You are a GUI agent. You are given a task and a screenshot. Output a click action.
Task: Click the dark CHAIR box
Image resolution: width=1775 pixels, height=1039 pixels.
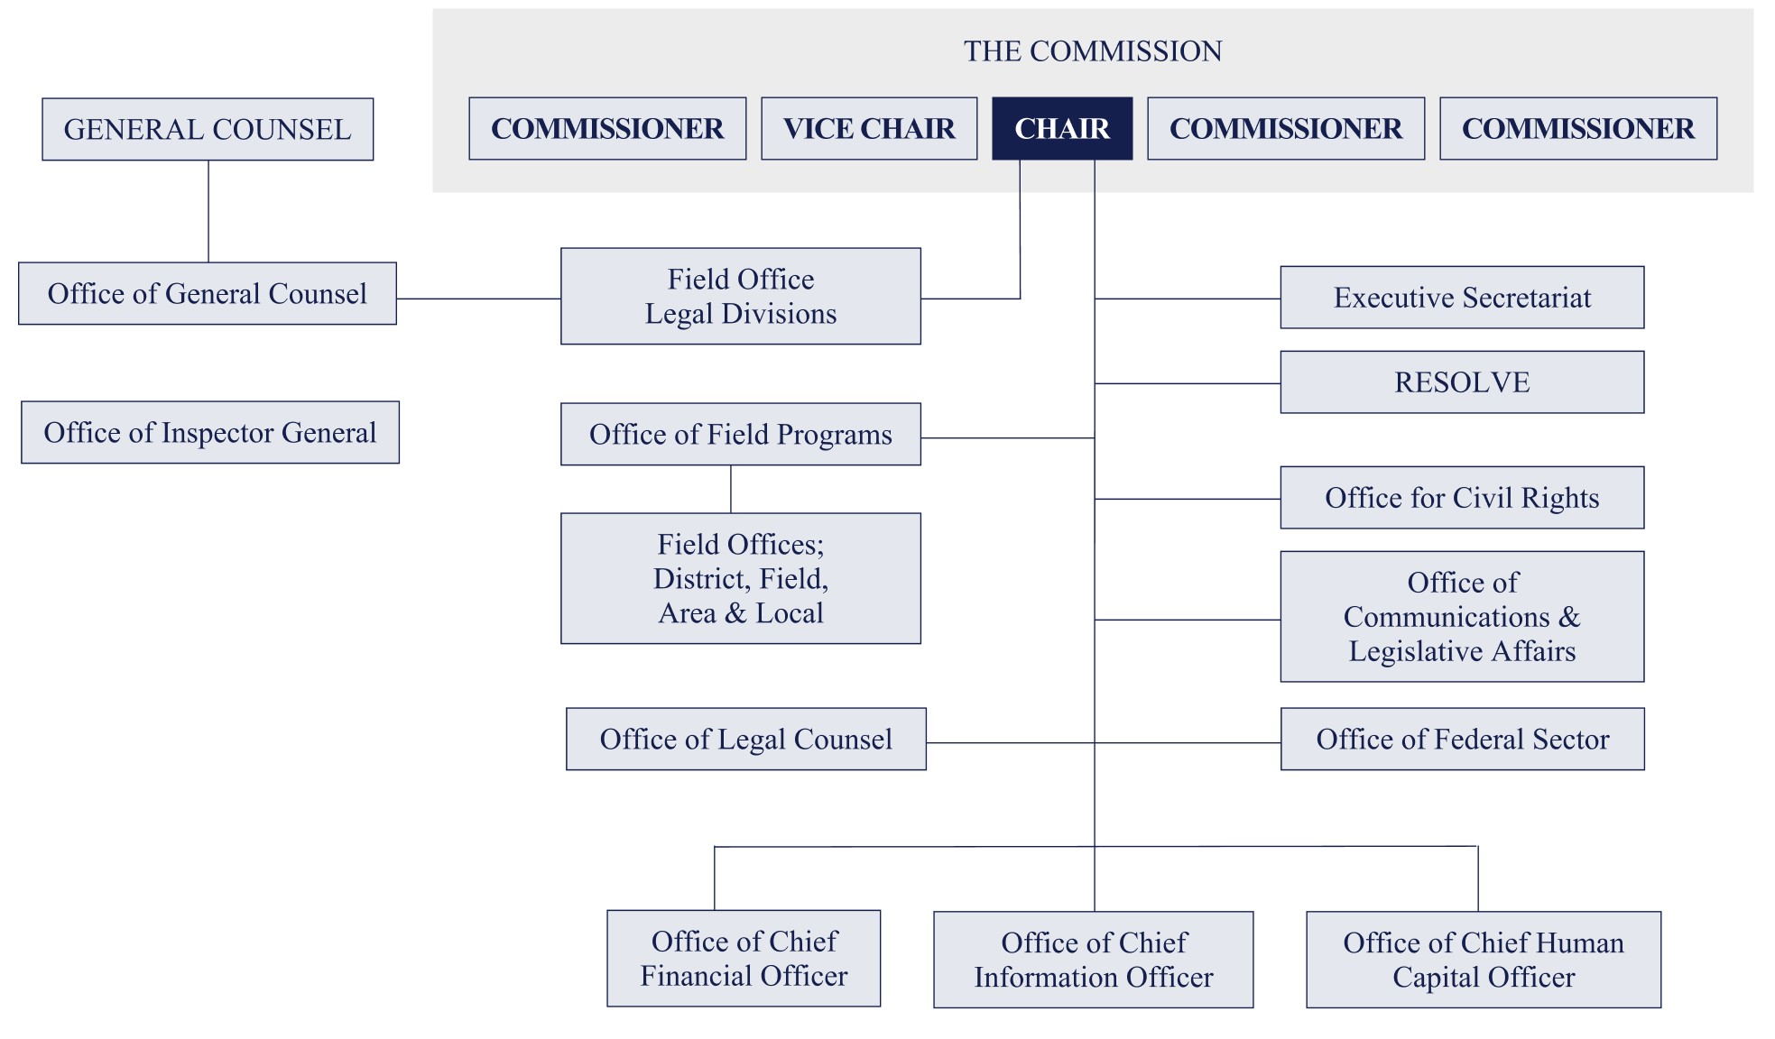(x=1061, y=129)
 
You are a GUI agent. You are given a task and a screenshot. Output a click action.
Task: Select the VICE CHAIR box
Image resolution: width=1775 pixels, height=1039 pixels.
(x=868, y=129)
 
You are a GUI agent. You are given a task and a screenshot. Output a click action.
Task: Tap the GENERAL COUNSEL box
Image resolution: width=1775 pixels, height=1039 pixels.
(x=208, y=130)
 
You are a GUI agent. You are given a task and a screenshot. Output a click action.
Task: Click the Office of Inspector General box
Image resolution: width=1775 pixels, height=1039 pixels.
(x=209, y=433)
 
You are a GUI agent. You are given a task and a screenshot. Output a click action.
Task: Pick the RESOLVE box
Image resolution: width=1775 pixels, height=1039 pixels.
(x=1461, y=382)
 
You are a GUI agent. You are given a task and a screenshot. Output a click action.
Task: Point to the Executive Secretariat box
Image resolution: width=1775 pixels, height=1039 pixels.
(x=1461, y=298)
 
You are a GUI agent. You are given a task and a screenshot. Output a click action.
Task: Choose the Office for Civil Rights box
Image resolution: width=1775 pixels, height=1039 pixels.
(x=1461, y=498)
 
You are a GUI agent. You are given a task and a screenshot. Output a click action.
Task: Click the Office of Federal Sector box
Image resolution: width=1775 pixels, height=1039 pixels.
(x=1462, y=740)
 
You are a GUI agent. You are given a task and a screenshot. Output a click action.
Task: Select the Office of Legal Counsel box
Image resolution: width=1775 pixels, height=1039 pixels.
(x=745, y=740)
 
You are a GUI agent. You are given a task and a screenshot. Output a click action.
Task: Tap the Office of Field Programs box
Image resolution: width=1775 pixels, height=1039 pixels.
(x=740, y=435)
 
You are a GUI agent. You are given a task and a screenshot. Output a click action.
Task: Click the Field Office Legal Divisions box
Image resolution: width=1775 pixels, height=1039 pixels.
(x=740, y=297)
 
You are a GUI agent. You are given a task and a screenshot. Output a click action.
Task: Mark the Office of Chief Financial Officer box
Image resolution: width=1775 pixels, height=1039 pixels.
(x=743, y=959)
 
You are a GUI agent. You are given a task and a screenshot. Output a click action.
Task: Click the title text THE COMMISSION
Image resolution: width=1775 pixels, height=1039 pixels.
(x=1092, y=51)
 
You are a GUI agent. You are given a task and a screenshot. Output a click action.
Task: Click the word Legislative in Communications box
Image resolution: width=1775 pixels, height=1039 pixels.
(x=1415, y=652)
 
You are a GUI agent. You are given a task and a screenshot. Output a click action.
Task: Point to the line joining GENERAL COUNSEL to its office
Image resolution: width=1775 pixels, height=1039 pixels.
(x=208, y=212)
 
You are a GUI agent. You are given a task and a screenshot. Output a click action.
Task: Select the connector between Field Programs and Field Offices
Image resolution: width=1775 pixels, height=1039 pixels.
(x=731, y=490)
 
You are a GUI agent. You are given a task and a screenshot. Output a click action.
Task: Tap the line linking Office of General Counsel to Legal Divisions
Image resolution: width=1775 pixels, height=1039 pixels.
(x=478, y=299)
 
